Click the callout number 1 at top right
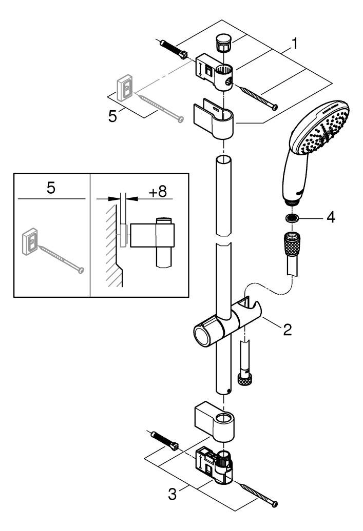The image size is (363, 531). pos(294,45)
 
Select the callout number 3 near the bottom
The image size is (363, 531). pos(174,495)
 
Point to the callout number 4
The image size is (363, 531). pos(331,217)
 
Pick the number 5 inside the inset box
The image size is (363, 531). pos(51,188)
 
